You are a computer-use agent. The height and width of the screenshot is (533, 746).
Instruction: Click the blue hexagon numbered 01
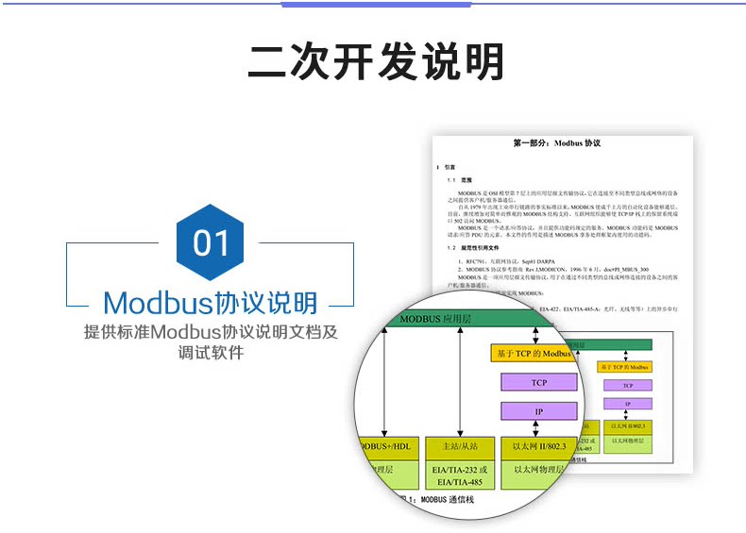(211, 242)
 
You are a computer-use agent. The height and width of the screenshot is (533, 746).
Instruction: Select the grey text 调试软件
(210, 353)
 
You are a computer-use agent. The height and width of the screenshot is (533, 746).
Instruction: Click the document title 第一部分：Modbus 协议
(556, 144)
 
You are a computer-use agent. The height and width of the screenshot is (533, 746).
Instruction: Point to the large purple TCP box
(538, 382)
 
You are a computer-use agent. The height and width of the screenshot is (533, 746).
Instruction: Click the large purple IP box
(538, 411)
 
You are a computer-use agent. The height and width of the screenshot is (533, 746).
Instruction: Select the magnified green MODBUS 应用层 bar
(472, 320)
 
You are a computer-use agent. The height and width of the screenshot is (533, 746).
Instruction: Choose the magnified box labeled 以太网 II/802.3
(539, 445)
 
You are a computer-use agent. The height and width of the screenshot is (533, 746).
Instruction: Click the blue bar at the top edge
(377, 4)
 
